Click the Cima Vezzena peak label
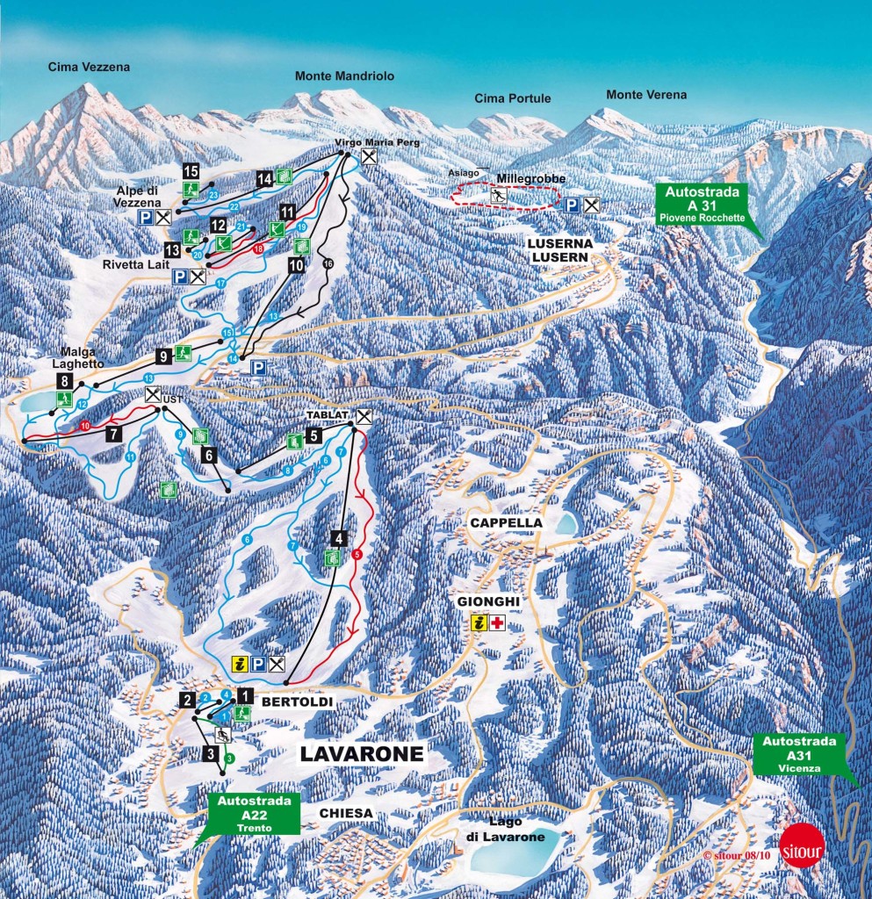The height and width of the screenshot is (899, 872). click(x=87, y=67)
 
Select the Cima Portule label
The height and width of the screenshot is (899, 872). click(x=513, y=98)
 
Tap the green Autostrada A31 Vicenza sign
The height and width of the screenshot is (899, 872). click(x=797, y=753)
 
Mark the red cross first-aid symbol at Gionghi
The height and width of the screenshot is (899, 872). click(x=499, y=623)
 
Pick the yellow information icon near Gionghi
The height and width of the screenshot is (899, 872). click(x=479, y=623)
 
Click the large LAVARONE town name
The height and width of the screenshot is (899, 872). click(x=362, y=753)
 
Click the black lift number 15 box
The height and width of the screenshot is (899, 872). click(x=191, y=170)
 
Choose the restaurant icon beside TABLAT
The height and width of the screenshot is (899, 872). click(x=363, y=417)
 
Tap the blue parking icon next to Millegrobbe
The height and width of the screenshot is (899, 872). click(x=572, y=205)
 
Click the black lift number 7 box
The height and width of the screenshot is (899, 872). click(x=112, y=434)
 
